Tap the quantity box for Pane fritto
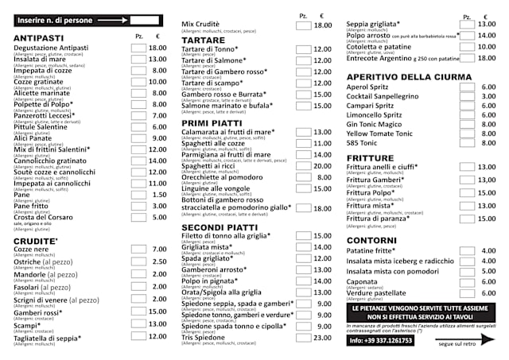(139, 206)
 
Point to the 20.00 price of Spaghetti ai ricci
(322, 165)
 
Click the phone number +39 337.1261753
(380, 340)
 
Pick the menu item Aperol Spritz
(368, 87)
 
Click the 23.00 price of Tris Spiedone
(322, 338)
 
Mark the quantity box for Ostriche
(139, 261)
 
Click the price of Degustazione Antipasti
(158, 48)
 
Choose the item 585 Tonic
(363, 142)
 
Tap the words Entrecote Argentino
(380, 58)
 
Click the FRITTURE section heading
(371, 158)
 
